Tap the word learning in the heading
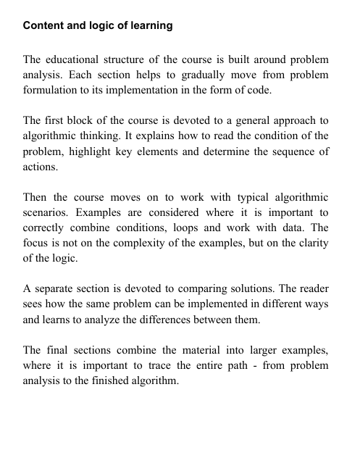click(148, 26)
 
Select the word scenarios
click(48, 215)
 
